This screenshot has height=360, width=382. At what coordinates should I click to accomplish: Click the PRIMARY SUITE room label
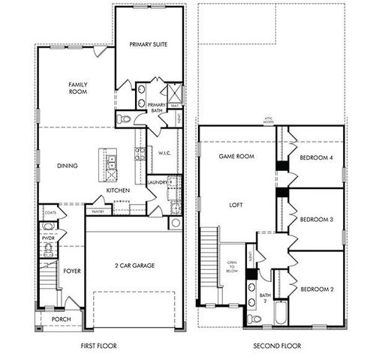149,44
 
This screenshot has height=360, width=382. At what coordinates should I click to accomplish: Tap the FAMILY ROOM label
79,88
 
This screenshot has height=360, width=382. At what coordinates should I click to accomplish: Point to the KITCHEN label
118,190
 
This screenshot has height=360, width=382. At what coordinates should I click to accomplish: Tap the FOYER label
72,271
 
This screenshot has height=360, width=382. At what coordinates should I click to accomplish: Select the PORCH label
62,319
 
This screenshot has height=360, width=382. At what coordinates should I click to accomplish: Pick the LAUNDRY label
158,182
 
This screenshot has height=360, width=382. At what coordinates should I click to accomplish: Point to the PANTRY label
98,212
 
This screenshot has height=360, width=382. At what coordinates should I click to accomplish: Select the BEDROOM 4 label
317,158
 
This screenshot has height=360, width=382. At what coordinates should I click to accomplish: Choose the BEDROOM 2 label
317,289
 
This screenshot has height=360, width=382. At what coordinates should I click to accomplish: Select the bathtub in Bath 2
281,313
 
